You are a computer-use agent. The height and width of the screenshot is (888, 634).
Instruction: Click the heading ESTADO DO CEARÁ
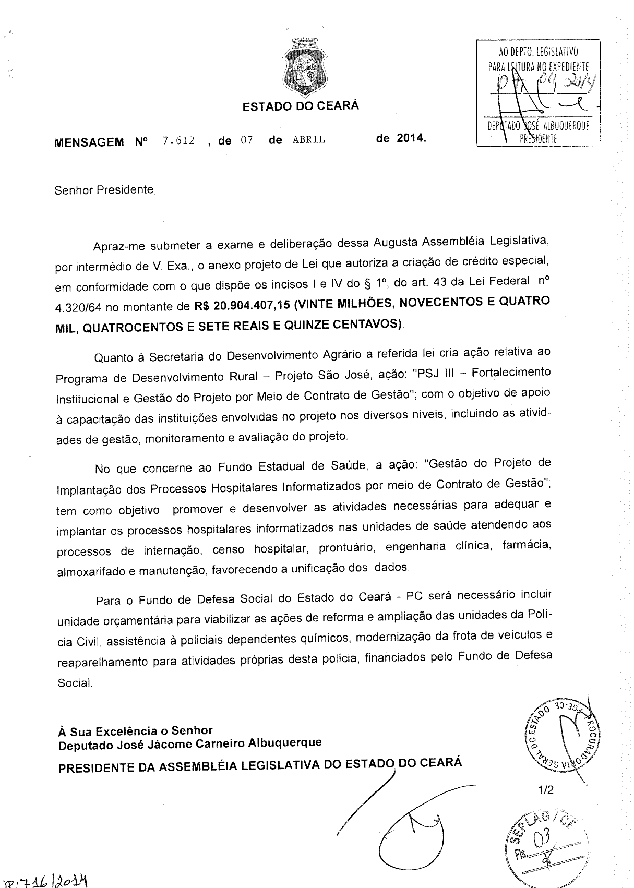pos(301,106)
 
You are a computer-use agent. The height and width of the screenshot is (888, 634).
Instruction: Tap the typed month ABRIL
pos(309,140)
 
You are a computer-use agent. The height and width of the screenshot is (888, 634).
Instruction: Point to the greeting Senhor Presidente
pos(105,190)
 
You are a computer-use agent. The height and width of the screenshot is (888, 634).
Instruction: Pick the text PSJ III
pos(440,374)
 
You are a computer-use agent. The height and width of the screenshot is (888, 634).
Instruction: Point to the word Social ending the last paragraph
pos(75,682)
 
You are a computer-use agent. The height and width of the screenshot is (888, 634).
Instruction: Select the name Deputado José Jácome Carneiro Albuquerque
pos(190,743)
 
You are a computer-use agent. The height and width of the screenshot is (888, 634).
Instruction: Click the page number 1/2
pos(545,790)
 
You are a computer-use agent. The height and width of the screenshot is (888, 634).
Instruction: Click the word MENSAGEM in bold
pos(89,142)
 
